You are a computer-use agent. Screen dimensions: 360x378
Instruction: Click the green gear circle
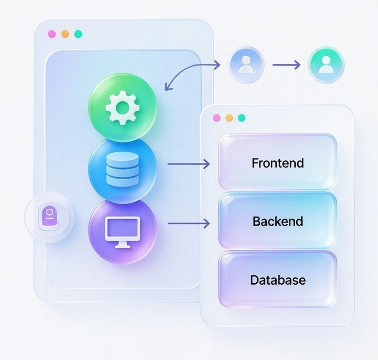(122, 107)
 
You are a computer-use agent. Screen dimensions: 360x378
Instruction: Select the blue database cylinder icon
(122, 168)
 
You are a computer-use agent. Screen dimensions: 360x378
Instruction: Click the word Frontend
(278, 163)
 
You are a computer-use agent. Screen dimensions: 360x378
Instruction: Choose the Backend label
(278, 222)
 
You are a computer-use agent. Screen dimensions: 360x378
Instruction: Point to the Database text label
(278, 280)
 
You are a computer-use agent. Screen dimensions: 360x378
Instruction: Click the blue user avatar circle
(246, 65)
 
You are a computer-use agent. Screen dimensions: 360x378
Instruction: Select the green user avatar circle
(326, 65)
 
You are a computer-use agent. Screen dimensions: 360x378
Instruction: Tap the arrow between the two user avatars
(286, 65)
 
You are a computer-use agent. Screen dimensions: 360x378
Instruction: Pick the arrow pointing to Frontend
(189, 163)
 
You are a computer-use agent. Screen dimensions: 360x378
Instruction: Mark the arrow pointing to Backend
(189, 223)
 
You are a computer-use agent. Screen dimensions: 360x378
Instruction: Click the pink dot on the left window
(52, 34)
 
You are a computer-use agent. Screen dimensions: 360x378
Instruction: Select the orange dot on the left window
(65, 34)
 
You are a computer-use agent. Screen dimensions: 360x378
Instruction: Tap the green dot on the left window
(78, 34)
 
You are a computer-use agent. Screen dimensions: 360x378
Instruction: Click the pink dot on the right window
(216, 118)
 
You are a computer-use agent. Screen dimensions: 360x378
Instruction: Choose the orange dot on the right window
(229, 118)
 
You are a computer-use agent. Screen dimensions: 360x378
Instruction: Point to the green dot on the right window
(242, 118)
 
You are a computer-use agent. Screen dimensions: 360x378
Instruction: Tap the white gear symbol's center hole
(122, 107)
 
